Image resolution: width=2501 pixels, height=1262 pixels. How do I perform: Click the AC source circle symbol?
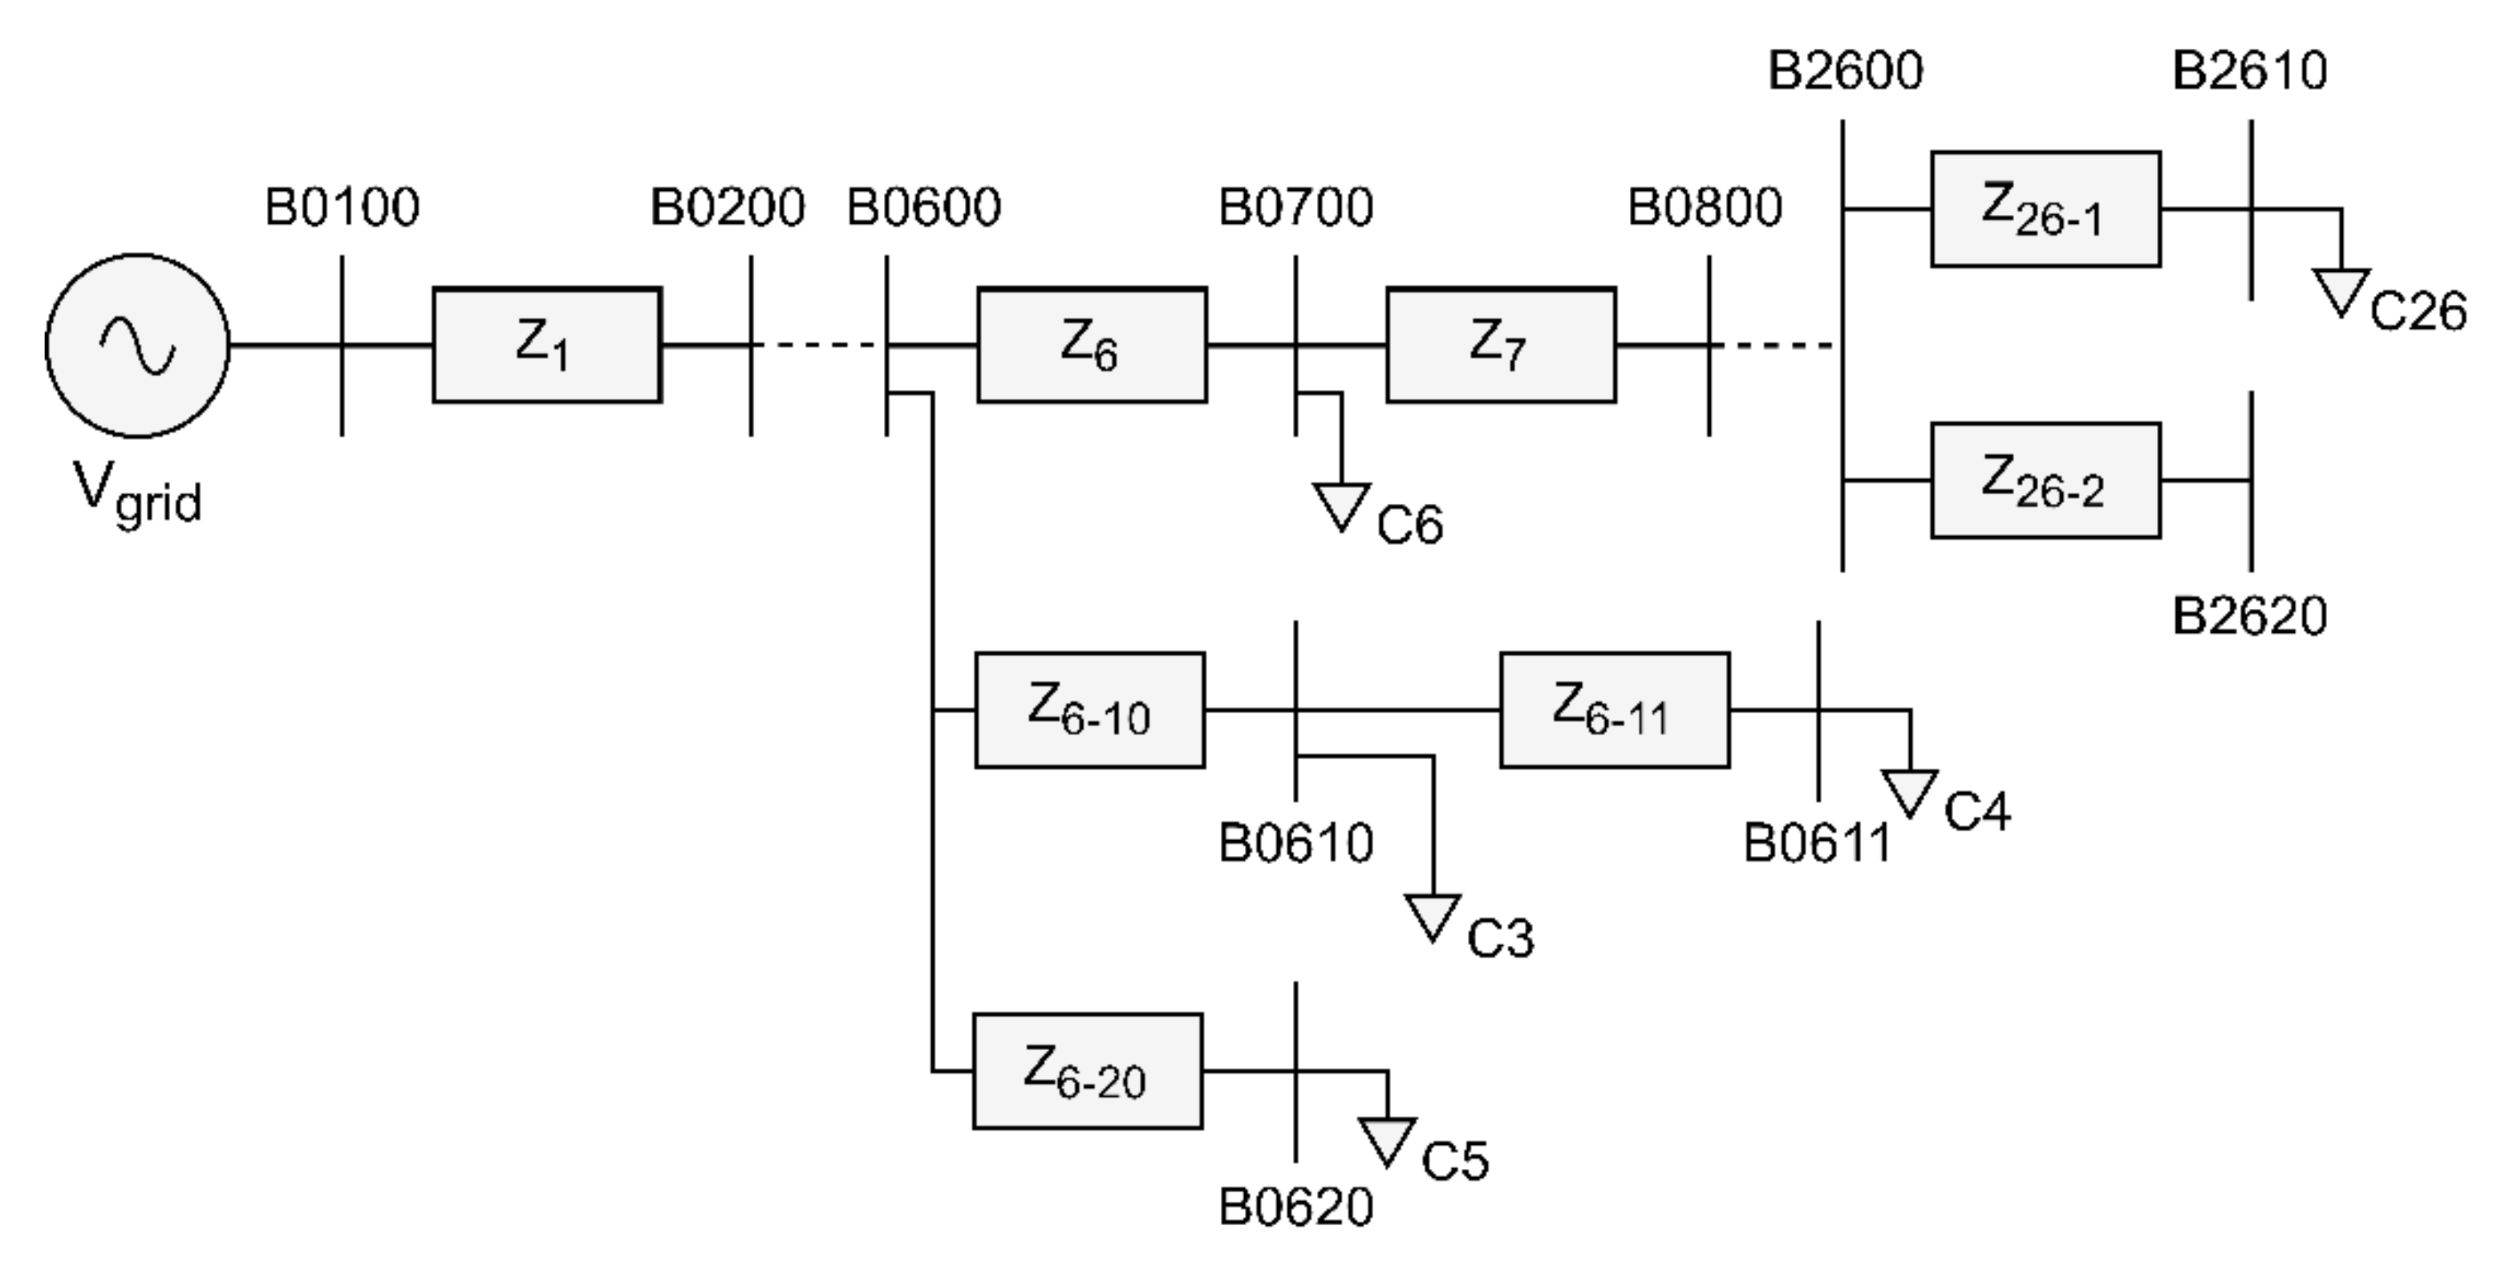[137, 346]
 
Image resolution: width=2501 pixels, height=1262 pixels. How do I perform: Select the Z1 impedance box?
[546, 345]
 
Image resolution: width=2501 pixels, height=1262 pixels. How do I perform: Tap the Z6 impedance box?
[1091, 345]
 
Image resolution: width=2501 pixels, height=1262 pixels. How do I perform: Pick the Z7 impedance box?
[1500, 345]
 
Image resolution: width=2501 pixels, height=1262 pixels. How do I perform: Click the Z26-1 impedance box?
[2045, 209]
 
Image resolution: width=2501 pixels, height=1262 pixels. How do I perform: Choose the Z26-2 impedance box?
[2045, 481]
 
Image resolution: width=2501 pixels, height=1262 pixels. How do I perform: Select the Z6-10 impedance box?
[1089, 711]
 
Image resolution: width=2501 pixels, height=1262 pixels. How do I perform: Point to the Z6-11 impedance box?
[1614, 711]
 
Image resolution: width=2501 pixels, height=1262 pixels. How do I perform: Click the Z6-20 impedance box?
[1088, 1072]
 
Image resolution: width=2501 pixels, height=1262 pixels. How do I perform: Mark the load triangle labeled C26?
[2341, 290]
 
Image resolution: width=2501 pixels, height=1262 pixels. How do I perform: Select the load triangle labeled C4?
[1909, 791]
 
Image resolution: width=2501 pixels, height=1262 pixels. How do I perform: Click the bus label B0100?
[342, 207]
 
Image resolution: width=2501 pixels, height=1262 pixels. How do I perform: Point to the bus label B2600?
[1845, 71]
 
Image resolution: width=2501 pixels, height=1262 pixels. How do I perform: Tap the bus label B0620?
[1295, 1207]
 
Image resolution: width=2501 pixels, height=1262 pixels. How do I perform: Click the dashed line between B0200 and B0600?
[817, 345]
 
